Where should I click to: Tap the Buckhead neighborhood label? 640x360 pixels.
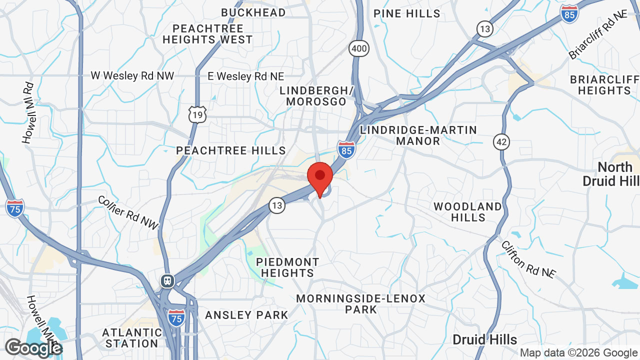(x=253, y=12)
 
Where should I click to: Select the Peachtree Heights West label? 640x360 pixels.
(x=207, y=34)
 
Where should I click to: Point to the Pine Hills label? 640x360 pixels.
(x=407, y=13)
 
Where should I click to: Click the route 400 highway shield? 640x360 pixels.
(x=359, y=49)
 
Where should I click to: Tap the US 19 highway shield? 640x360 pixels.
(x=197, y=115)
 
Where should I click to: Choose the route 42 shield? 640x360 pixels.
(x=501, y=142)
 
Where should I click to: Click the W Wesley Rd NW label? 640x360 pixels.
(x=132, y=76)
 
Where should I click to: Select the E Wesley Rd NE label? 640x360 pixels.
(x=246, y=76)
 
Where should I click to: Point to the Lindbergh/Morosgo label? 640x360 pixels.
(x=316, y=96)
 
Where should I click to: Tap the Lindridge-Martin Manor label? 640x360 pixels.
(x=418, y=135)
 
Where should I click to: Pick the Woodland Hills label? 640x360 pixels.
(x=467, y=212)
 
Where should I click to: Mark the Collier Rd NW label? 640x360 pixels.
(x=127, y=212)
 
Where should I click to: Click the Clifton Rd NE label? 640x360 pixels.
(x=528, y=259)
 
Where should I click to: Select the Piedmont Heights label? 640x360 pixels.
(x=287, y=267)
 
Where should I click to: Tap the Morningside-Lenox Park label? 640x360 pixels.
(x=360, y=304)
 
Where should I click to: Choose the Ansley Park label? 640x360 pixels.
(x=246, y=315)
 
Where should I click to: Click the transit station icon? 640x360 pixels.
(x=167, y=280)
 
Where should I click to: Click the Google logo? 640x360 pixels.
(x=33, y=348)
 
